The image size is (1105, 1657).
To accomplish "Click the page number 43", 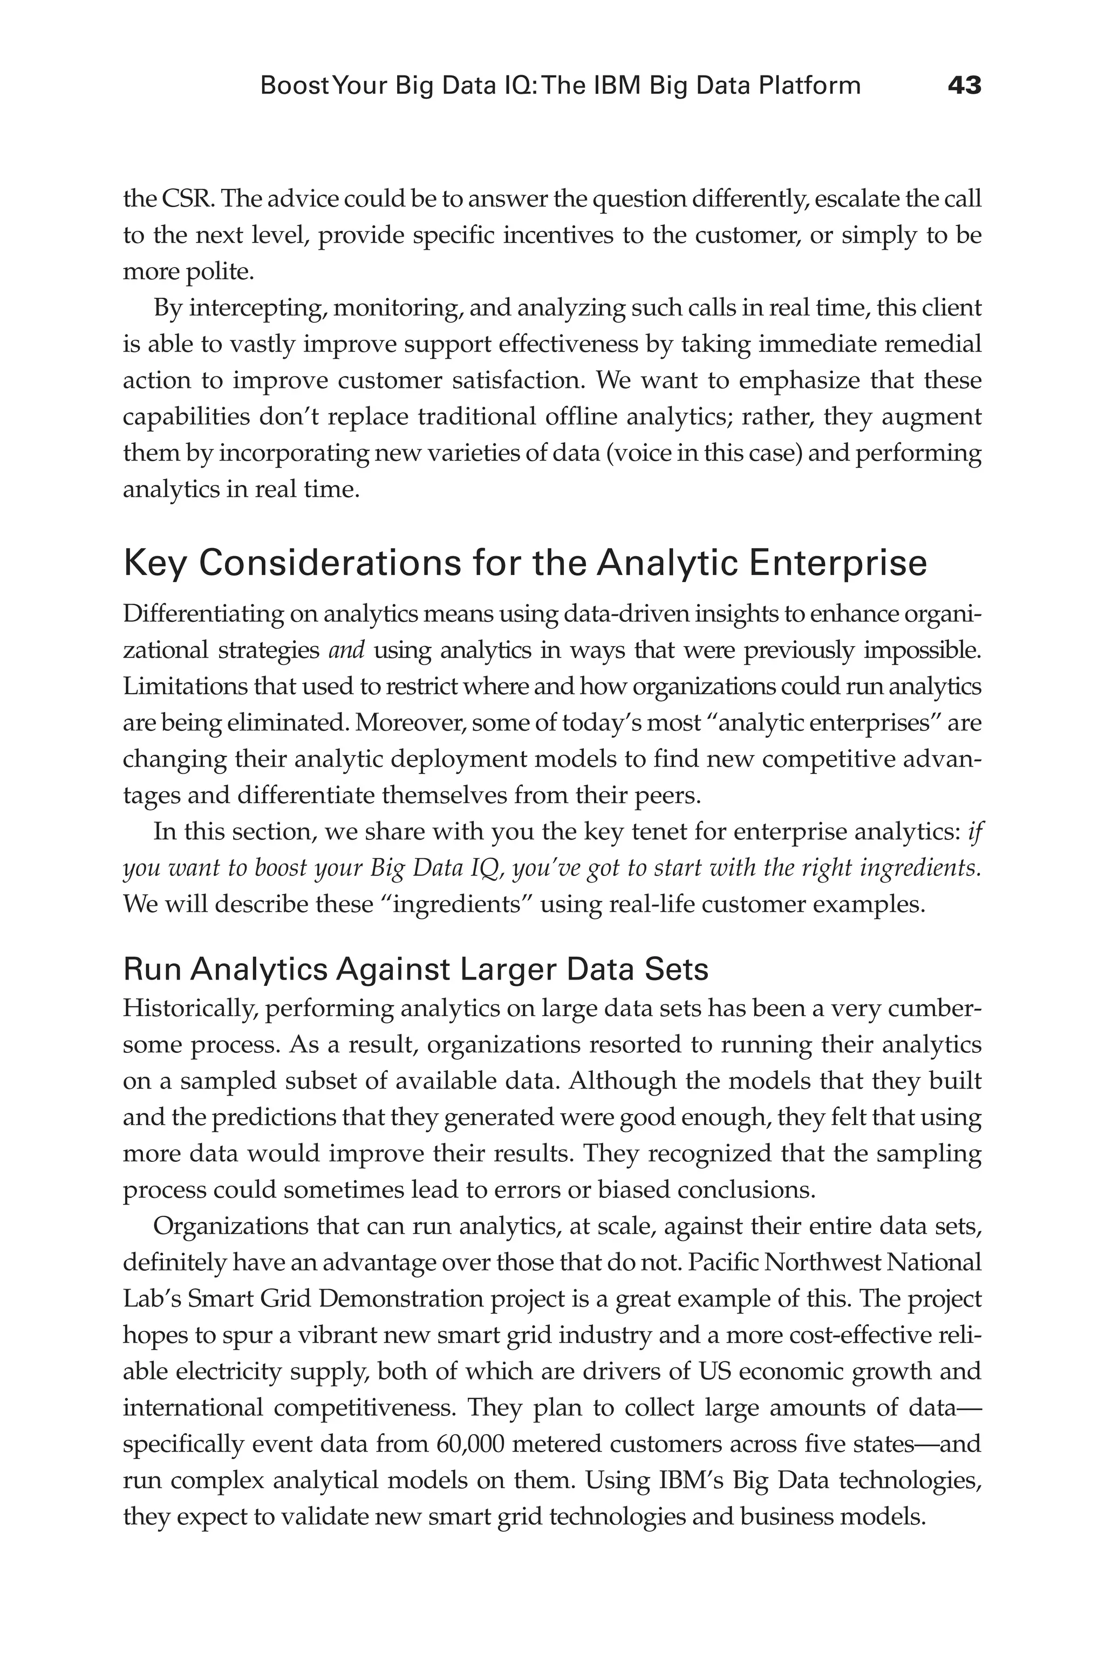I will pos(964,86).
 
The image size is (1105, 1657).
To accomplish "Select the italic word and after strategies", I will pos(347,649).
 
